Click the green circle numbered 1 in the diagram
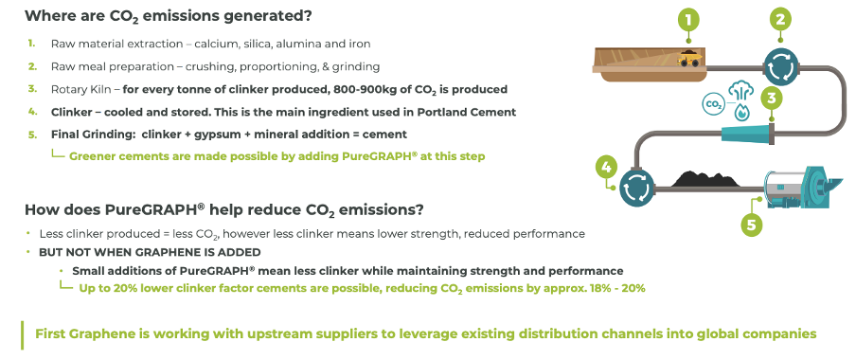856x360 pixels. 689,20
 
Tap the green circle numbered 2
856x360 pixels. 780,20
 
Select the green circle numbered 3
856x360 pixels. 771,99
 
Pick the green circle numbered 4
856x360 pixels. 607,167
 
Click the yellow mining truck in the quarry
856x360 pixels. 689,59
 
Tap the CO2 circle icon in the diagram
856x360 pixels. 712,104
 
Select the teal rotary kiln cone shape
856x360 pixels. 746,135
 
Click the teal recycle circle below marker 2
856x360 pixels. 780,67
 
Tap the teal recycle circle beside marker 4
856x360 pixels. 636,187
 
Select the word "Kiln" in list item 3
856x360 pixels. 108,89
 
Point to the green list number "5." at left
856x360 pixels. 32,135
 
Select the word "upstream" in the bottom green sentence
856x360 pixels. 273,333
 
